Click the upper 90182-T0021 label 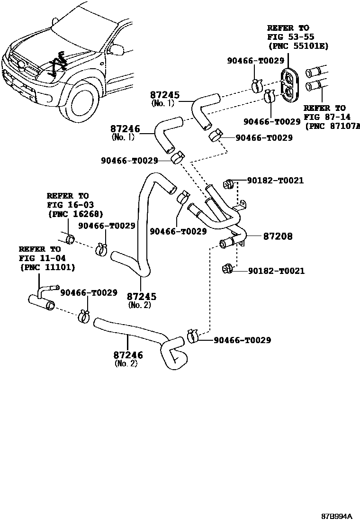pos(275,181)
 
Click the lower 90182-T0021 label pos(276,271)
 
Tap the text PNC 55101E pos(298,46)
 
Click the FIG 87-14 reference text pos(325,117)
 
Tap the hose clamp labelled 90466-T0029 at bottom pos(192,336)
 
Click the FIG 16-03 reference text pos(67,205)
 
